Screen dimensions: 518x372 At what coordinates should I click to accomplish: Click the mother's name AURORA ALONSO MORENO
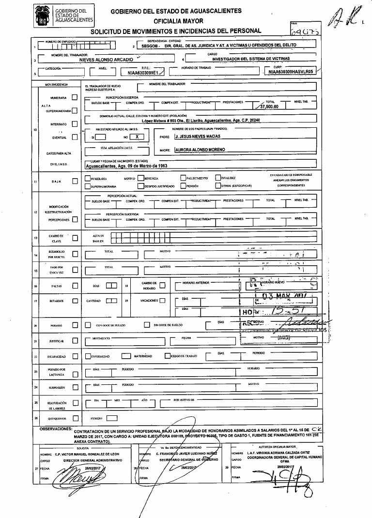tap(200, 150)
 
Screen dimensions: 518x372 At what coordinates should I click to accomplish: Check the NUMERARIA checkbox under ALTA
tap(75, 97)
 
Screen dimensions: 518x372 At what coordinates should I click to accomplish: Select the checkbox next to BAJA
tap(75, 182)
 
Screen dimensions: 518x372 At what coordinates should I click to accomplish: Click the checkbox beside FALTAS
tap(75, 286)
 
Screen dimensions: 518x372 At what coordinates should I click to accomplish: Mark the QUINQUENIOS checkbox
tap(75, 417)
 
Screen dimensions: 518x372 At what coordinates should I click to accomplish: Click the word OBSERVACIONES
tap(56, 429)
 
